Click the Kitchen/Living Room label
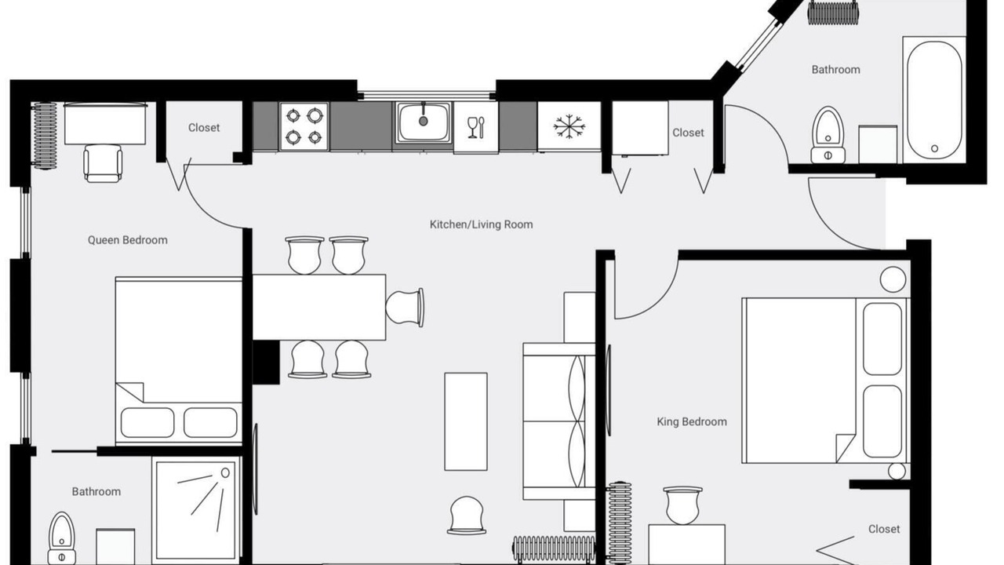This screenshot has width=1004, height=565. pos(481,224)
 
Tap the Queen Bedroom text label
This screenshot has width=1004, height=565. pos(128,240)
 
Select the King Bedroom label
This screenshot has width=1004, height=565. pos(692,421)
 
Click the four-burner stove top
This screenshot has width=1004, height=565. pos(304,126)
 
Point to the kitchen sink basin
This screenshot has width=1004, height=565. pos(423,122)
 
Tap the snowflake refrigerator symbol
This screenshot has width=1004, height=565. pos(569,126)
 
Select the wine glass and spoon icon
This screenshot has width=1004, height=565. pos(476,127)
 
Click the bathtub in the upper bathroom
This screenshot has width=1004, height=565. pos(934,100)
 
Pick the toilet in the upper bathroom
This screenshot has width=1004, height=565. pos(828,135)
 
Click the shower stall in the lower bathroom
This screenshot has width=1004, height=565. pos(195,510)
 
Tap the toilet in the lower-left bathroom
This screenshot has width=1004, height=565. pos(61,538)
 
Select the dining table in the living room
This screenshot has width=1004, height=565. pos(319,307)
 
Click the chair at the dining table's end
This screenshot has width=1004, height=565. pos(405,307)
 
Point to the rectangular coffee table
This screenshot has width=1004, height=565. pos(466,421)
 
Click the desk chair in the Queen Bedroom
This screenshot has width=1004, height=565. pos(103,163)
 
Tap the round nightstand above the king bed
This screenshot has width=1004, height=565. pos(893,279)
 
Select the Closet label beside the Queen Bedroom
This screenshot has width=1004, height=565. pos(204,128)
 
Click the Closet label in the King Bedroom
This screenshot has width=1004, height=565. pos(884,529)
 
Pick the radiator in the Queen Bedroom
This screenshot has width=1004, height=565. pos(45,136)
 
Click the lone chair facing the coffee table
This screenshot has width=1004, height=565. pos(467,516)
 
